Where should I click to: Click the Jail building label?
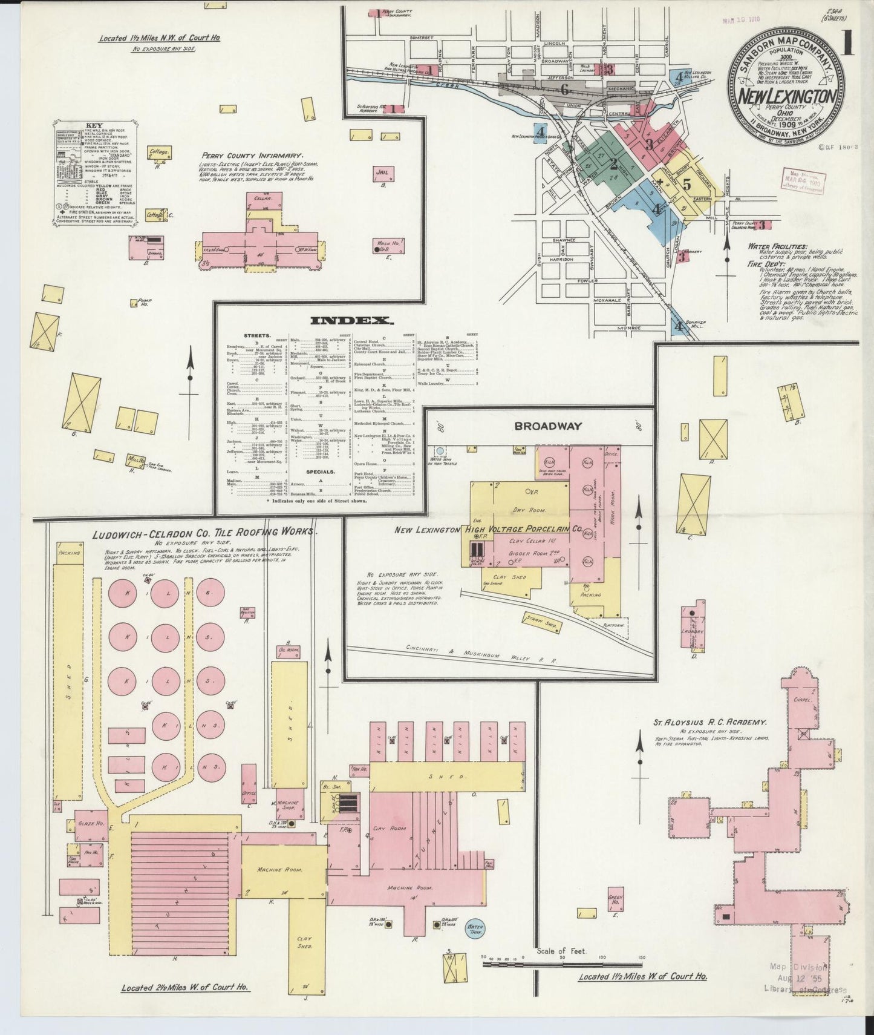coord(384,173)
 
